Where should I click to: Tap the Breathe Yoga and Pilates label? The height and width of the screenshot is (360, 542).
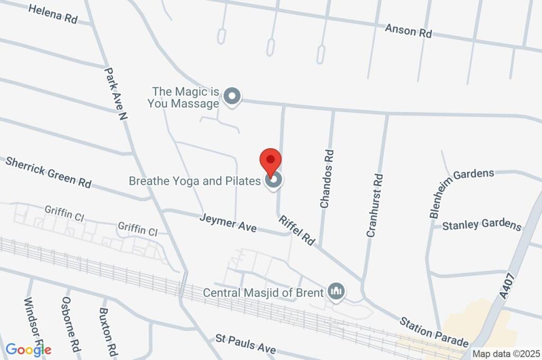(195, 181)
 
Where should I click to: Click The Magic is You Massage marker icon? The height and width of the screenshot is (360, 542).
(231, 97)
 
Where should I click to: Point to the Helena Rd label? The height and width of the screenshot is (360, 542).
(53, 14)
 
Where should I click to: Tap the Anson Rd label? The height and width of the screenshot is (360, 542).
(408, 31)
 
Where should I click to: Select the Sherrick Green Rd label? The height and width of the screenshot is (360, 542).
(48, 172)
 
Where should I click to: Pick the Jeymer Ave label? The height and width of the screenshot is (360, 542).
(228, 223)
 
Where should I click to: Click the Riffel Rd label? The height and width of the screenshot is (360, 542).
(297, 230)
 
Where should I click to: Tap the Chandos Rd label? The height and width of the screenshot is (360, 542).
(327, 178)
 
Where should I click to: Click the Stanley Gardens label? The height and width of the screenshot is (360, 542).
(481, 224)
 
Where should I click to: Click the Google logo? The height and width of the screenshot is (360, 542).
(29, 349)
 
